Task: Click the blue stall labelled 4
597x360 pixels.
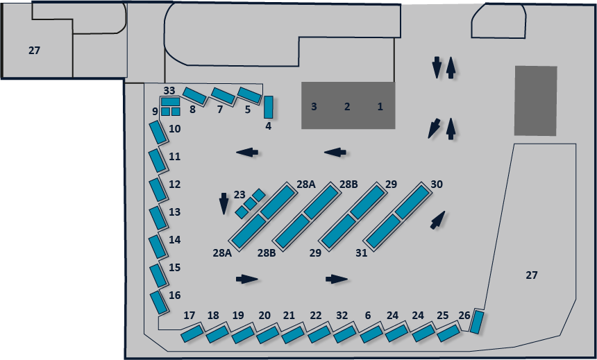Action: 268,107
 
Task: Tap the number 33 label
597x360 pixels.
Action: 169,90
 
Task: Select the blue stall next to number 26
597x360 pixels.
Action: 477,322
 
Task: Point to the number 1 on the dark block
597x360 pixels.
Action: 380,106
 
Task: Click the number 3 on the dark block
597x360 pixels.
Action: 314,106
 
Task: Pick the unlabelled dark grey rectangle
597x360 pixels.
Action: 535,101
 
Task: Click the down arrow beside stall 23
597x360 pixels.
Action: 224,203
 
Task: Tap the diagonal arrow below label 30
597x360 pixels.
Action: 437,221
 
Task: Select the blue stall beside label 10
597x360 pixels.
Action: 158,132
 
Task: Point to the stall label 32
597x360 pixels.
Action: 341,316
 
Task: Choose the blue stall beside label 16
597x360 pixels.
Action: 158,302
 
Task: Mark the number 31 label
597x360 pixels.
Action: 361,253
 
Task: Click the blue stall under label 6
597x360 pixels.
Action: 371,334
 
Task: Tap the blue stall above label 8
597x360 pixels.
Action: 194,96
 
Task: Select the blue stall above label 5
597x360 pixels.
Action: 249,94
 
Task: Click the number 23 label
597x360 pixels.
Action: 239,194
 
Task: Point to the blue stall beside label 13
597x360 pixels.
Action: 158,218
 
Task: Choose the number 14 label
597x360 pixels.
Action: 175,240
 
